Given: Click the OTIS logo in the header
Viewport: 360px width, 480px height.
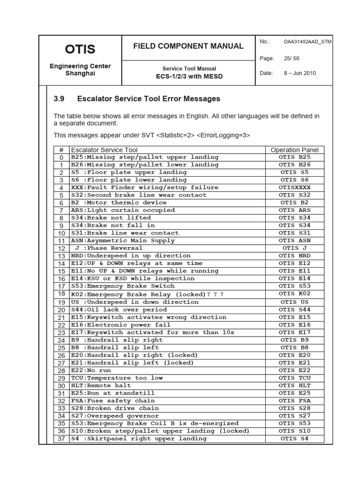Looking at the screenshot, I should point(80,49).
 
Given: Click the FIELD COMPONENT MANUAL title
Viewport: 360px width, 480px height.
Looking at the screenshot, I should point(188,46).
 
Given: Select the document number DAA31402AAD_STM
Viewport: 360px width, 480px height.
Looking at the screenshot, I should point(307,42).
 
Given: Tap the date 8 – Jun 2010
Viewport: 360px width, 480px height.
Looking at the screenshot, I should point(300,74).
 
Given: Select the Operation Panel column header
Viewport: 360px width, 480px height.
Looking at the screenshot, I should point(294,150).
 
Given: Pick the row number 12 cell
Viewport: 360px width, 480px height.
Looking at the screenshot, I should point(61,248).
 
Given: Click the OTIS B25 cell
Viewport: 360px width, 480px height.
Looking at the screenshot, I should point(294,157).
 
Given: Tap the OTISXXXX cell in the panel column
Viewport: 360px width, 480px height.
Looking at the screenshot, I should point(294,187).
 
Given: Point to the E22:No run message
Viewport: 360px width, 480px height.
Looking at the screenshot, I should point(91,370).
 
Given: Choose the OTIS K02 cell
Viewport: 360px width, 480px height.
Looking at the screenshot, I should point(294,294).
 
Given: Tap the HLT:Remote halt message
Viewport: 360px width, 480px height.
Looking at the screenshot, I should point(101,385).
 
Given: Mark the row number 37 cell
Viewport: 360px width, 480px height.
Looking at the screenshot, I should point(61,439).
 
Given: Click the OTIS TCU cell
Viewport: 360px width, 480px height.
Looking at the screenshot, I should point(294,378).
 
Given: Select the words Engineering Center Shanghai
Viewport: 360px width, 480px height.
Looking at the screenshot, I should point(80,70).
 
